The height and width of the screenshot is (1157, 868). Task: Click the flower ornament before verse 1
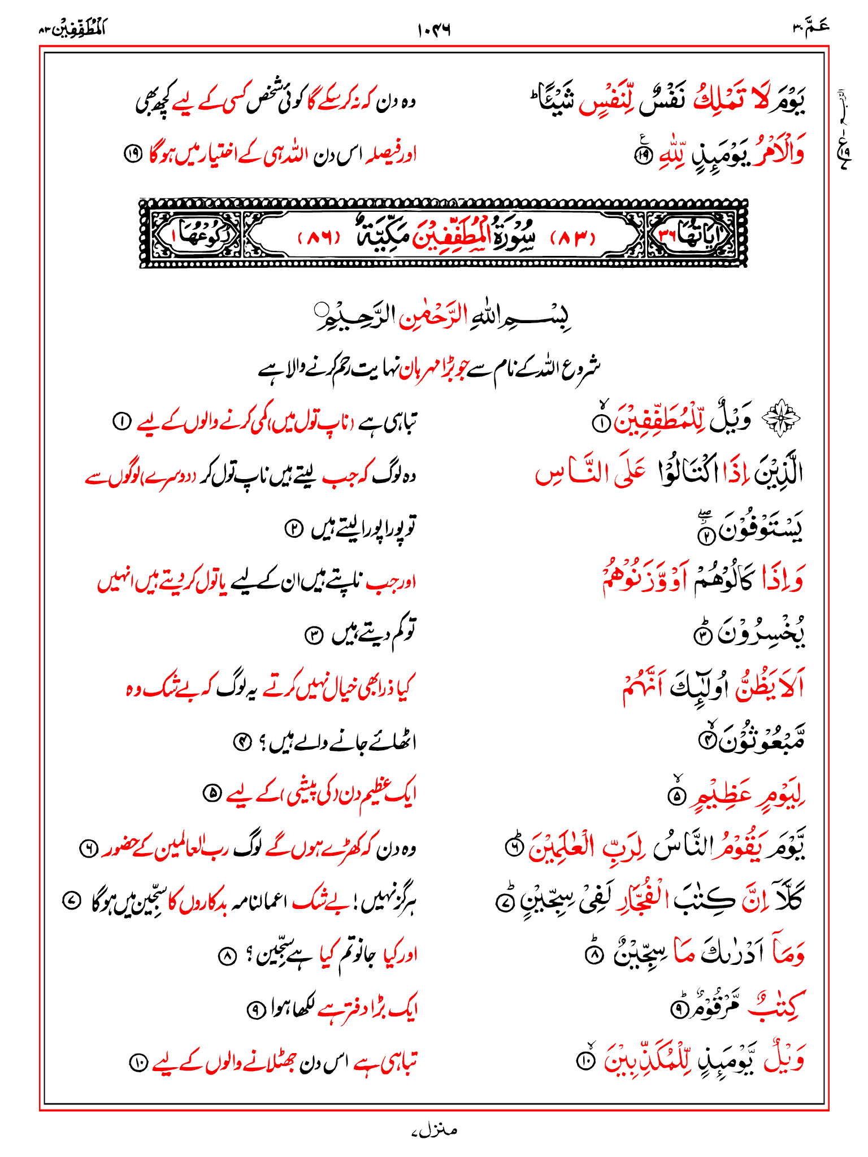782,419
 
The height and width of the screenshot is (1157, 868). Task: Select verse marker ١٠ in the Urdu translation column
137,1063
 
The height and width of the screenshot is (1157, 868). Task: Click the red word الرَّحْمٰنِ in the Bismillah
432,319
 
